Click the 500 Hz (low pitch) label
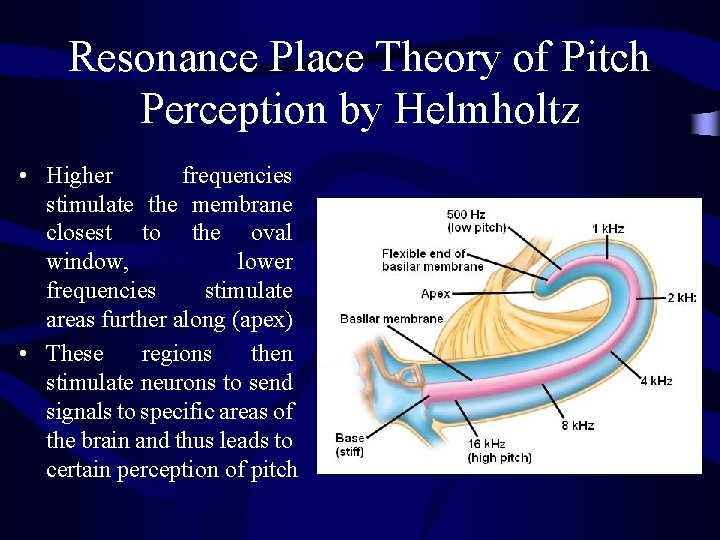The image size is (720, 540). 475,220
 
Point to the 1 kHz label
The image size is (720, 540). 608,229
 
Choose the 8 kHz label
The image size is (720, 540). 577,425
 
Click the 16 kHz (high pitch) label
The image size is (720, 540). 499,451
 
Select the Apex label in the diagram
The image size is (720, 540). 435,294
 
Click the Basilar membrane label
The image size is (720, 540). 391,319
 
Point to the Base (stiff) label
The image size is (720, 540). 350,445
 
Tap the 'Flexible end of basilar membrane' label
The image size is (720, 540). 432,260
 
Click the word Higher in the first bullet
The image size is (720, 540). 80,176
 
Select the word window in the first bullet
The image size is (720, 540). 83,262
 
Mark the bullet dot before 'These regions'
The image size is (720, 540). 22,354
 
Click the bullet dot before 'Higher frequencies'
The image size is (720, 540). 22,177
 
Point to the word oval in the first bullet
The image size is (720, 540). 271,233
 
